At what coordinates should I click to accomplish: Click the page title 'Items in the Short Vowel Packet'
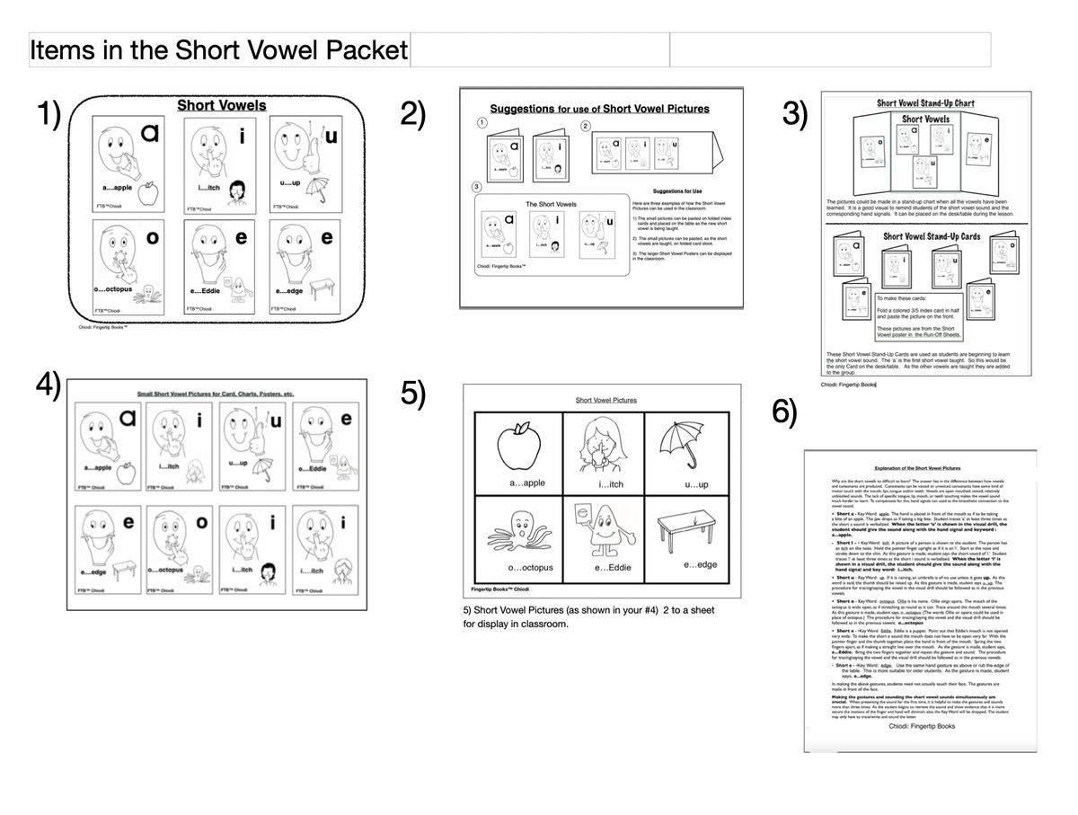click(x=219, y=50)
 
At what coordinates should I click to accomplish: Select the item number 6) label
click(x=784, y=412)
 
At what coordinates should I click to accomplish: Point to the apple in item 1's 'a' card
click(x=150, y=191)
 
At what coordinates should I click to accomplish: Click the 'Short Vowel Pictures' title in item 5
click(x=602, y=400)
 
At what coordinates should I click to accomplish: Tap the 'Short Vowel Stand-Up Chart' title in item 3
click(x=925, y=102)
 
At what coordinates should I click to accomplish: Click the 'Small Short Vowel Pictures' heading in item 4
click(x=216, y=394)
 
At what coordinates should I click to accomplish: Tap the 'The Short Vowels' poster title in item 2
click(x=551, y=204)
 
